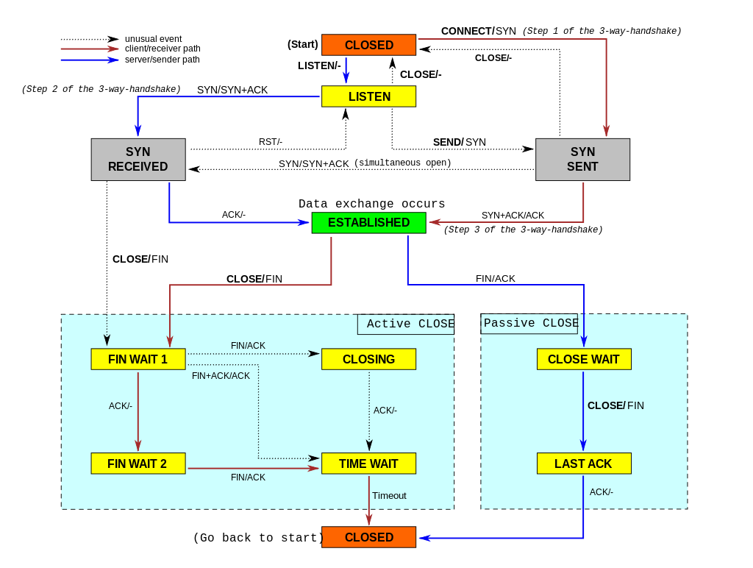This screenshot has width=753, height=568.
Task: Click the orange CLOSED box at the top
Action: (x=368, y=45)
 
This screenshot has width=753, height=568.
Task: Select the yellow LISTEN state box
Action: (x=368, y=96)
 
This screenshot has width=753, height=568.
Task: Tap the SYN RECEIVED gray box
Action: (x=138, y=160)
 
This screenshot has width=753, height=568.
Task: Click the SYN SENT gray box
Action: (x=582, y=160)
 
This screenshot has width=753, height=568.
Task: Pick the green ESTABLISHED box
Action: (x=368, y=223)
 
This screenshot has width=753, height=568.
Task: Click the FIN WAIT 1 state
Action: (x=138, y=359)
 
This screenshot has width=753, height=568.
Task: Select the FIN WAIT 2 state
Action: (x=138, y=464)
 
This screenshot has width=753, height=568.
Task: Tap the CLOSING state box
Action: (x=368, y=359)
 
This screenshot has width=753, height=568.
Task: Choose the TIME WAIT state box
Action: (x=368, y=464)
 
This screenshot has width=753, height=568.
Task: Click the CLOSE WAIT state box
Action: (x=584, y=359)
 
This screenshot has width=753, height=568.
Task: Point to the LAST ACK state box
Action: (x=584, y=464)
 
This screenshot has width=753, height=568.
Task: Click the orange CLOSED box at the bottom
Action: (x=368, y=537)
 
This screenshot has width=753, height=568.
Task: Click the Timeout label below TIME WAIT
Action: (x=389, y=496)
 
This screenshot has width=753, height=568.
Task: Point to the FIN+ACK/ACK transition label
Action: (x=221, y=376)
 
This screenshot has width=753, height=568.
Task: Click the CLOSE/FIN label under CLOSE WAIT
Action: (x=615, y=405)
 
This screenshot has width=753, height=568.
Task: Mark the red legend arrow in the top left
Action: (x=90, y=49)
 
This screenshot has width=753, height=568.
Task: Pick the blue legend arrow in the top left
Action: (x=90, y=60)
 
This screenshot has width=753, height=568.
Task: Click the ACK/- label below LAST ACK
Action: (x=601, y=492)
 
